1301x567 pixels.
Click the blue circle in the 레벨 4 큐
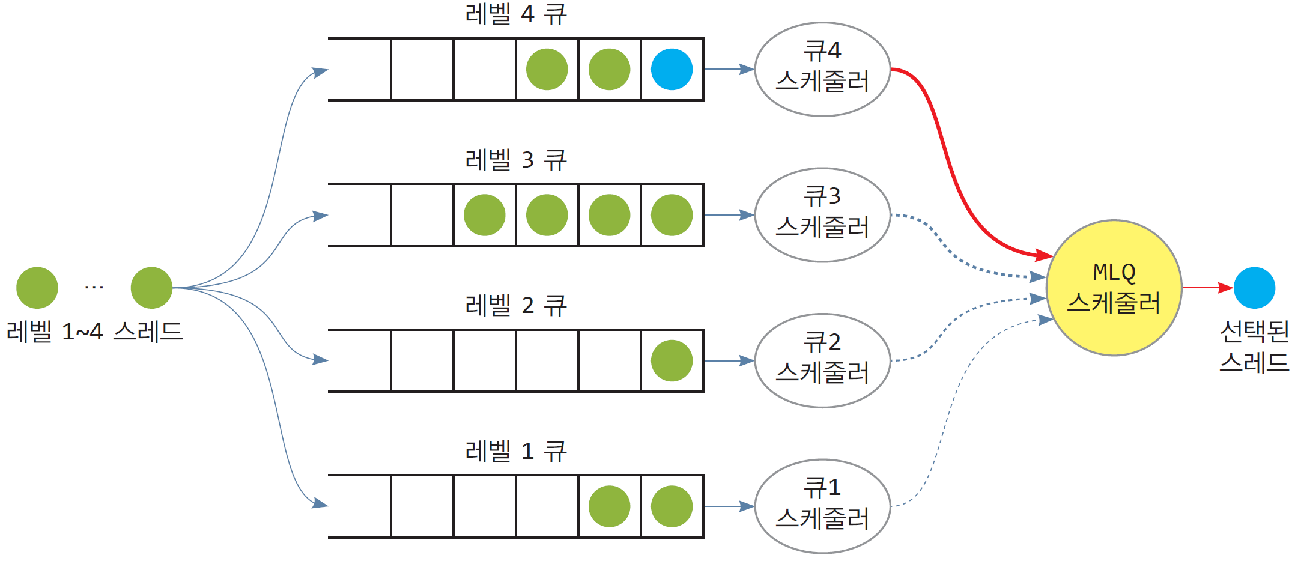672,70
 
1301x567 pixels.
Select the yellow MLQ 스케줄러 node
1114,288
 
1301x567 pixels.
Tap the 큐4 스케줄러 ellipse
822,70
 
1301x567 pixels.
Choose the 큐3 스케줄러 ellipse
822,215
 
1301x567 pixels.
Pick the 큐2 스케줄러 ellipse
822,360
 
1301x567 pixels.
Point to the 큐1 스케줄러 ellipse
822,506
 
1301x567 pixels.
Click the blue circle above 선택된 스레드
1254,288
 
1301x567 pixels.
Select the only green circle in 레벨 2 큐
672,360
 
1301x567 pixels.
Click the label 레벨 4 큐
515,14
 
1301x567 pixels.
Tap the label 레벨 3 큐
515,160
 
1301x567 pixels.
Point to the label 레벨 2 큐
515,306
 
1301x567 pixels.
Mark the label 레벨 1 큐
515,451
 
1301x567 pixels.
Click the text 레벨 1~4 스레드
94,332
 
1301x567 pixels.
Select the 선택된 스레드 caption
1254,347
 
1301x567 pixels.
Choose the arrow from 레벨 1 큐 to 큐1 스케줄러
728,506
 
